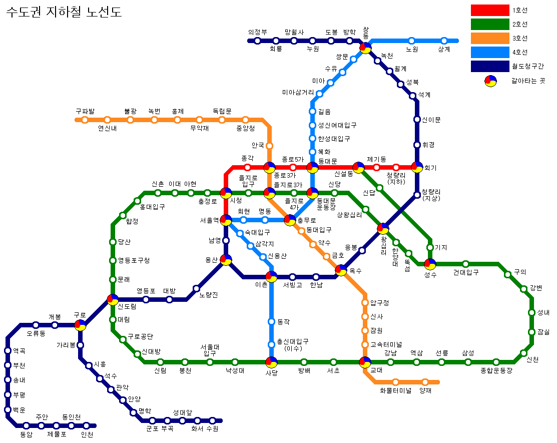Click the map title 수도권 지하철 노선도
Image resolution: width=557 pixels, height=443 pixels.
pos(64,12)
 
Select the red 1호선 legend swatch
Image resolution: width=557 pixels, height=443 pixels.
pos(490,10)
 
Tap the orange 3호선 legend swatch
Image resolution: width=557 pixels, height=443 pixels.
pos(490,38)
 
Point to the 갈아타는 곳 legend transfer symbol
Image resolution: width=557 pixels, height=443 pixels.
pos(490,81)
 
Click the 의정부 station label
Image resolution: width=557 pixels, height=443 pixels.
pos(257,32)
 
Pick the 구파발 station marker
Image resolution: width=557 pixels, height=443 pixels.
pos(85,120)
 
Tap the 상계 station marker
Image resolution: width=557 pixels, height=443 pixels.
pos(444,41)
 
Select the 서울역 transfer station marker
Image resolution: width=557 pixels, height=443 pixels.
pos(226,220)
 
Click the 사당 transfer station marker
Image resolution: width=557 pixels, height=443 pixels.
pos(271,362)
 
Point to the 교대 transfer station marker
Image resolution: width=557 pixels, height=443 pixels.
pos(365,362)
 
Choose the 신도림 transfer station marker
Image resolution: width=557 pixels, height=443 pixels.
pos(113,299)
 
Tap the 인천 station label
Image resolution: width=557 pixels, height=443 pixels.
pos(87,434)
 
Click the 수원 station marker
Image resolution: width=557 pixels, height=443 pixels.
pos(212,420)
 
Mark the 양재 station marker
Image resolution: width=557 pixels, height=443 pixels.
pos(425,382)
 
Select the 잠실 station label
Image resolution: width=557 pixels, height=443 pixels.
pos(543,332)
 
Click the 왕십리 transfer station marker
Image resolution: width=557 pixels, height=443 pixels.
pos(383,229)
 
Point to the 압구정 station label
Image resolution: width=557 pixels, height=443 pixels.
pos(380,303)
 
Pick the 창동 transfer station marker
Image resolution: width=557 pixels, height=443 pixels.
pos(365,48)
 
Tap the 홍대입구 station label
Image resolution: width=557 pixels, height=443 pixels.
pos(153,206)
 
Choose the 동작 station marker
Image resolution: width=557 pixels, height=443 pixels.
pos(271,321)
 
